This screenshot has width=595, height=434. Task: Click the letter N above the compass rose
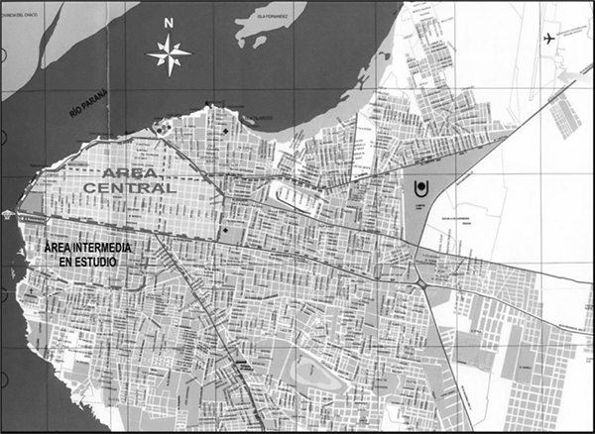click(170, 22)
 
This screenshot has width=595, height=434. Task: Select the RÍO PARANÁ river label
click(90, 105)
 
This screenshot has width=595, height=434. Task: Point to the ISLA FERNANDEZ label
click(269, 17)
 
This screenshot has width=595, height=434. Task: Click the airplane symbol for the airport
click(552, 39)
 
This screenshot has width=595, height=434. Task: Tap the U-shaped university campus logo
click(420, 187)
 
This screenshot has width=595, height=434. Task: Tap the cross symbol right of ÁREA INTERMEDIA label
click(225, 233)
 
